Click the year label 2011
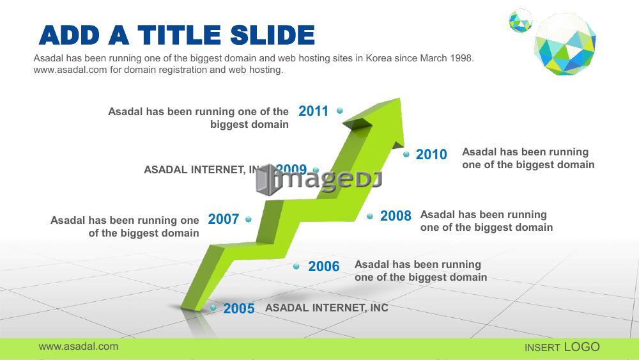pos(313,111)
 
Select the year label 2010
pos(431,155)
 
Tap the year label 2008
pos(396,215)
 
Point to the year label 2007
pos(223,219)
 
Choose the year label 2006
pos(323,266)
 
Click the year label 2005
pos(239,309)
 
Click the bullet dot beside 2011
pos(339,111)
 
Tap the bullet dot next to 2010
pos(406,154)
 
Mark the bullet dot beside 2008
pos(369,216)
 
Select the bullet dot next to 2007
pos(248,219)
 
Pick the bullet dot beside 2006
pos(296,266)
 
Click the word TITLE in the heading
pos(180,35)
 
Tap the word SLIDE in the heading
pos(272,35)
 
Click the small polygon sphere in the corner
pos(520,20)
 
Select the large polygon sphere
pos(566,43)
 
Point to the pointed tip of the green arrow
pos(400,98)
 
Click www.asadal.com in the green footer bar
pos(78,347)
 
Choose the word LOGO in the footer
pos(582,347)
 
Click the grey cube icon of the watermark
pos(267,180)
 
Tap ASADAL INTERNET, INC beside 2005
pos(327,308)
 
